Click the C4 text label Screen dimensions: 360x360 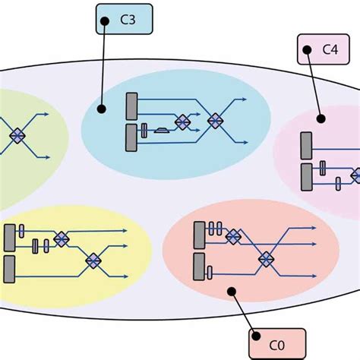coord(329,50)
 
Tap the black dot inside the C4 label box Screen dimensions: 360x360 coord(306,50)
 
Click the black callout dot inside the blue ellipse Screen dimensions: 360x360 coord(101,109)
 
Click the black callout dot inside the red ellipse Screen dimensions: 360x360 coord(230,289)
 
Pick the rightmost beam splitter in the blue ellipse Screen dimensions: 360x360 coord(216,120)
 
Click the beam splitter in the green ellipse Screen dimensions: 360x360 coord(17,135)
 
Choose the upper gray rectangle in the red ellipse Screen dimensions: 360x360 coord(198,233)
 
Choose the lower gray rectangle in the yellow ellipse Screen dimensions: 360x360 coord(9,267)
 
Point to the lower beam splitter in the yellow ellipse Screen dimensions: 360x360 coord(93,261)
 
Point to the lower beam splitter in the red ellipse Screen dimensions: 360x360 coord(266,259)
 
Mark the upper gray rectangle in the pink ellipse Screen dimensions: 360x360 coord(306,146)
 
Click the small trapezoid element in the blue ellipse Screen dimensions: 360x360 coord(162,130)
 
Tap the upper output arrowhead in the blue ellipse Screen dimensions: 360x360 coord(244,99)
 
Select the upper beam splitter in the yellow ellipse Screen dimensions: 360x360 coord(61,238)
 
